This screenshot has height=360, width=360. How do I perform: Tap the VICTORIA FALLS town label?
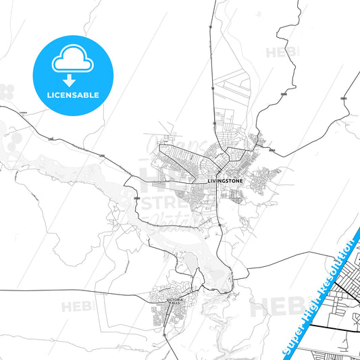tap(175, 301)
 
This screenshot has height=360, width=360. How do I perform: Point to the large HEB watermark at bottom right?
tap(277, 307)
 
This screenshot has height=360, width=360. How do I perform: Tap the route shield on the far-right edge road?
tap(344, 98)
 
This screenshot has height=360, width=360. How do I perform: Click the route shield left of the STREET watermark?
tap(137, 198)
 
